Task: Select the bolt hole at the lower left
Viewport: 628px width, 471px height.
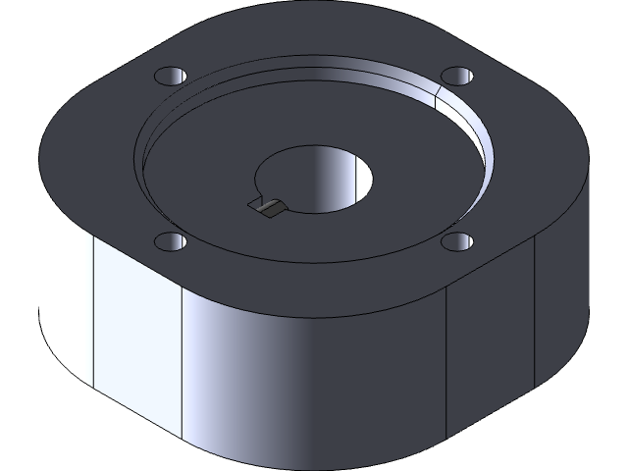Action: coord(169,242)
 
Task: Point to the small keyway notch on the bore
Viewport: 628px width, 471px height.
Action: coord(267,205)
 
